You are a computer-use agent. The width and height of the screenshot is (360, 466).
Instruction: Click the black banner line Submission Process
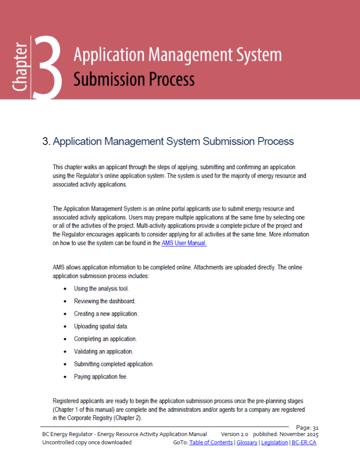tap(134, 79)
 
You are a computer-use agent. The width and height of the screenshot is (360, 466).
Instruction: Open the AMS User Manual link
tap(184, 243)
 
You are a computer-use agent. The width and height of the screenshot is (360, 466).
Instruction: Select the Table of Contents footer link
tap(211, 443)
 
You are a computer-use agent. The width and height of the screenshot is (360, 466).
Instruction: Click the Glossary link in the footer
tap(247, 443)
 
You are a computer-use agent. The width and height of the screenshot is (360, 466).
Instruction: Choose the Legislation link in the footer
tap(275, 443)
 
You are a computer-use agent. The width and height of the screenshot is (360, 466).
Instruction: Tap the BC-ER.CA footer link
tap(304, 443)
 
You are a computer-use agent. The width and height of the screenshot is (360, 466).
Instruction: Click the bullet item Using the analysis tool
tap(101, 288)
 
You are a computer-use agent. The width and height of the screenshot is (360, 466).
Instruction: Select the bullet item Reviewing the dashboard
tap(105, 301)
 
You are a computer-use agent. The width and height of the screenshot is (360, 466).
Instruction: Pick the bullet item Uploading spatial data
tap(101, 326)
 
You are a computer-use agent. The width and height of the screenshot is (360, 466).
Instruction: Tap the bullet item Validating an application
tap(104, 352)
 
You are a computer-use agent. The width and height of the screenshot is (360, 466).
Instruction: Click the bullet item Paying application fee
tap(101, 377)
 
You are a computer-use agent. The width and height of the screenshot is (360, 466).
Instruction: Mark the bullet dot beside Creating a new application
tap(66, 314)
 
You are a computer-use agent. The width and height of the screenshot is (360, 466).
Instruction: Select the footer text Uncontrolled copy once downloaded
tap(87, 443)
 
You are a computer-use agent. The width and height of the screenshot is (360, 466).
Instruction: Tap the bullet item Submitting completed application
tap(114, 364)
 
